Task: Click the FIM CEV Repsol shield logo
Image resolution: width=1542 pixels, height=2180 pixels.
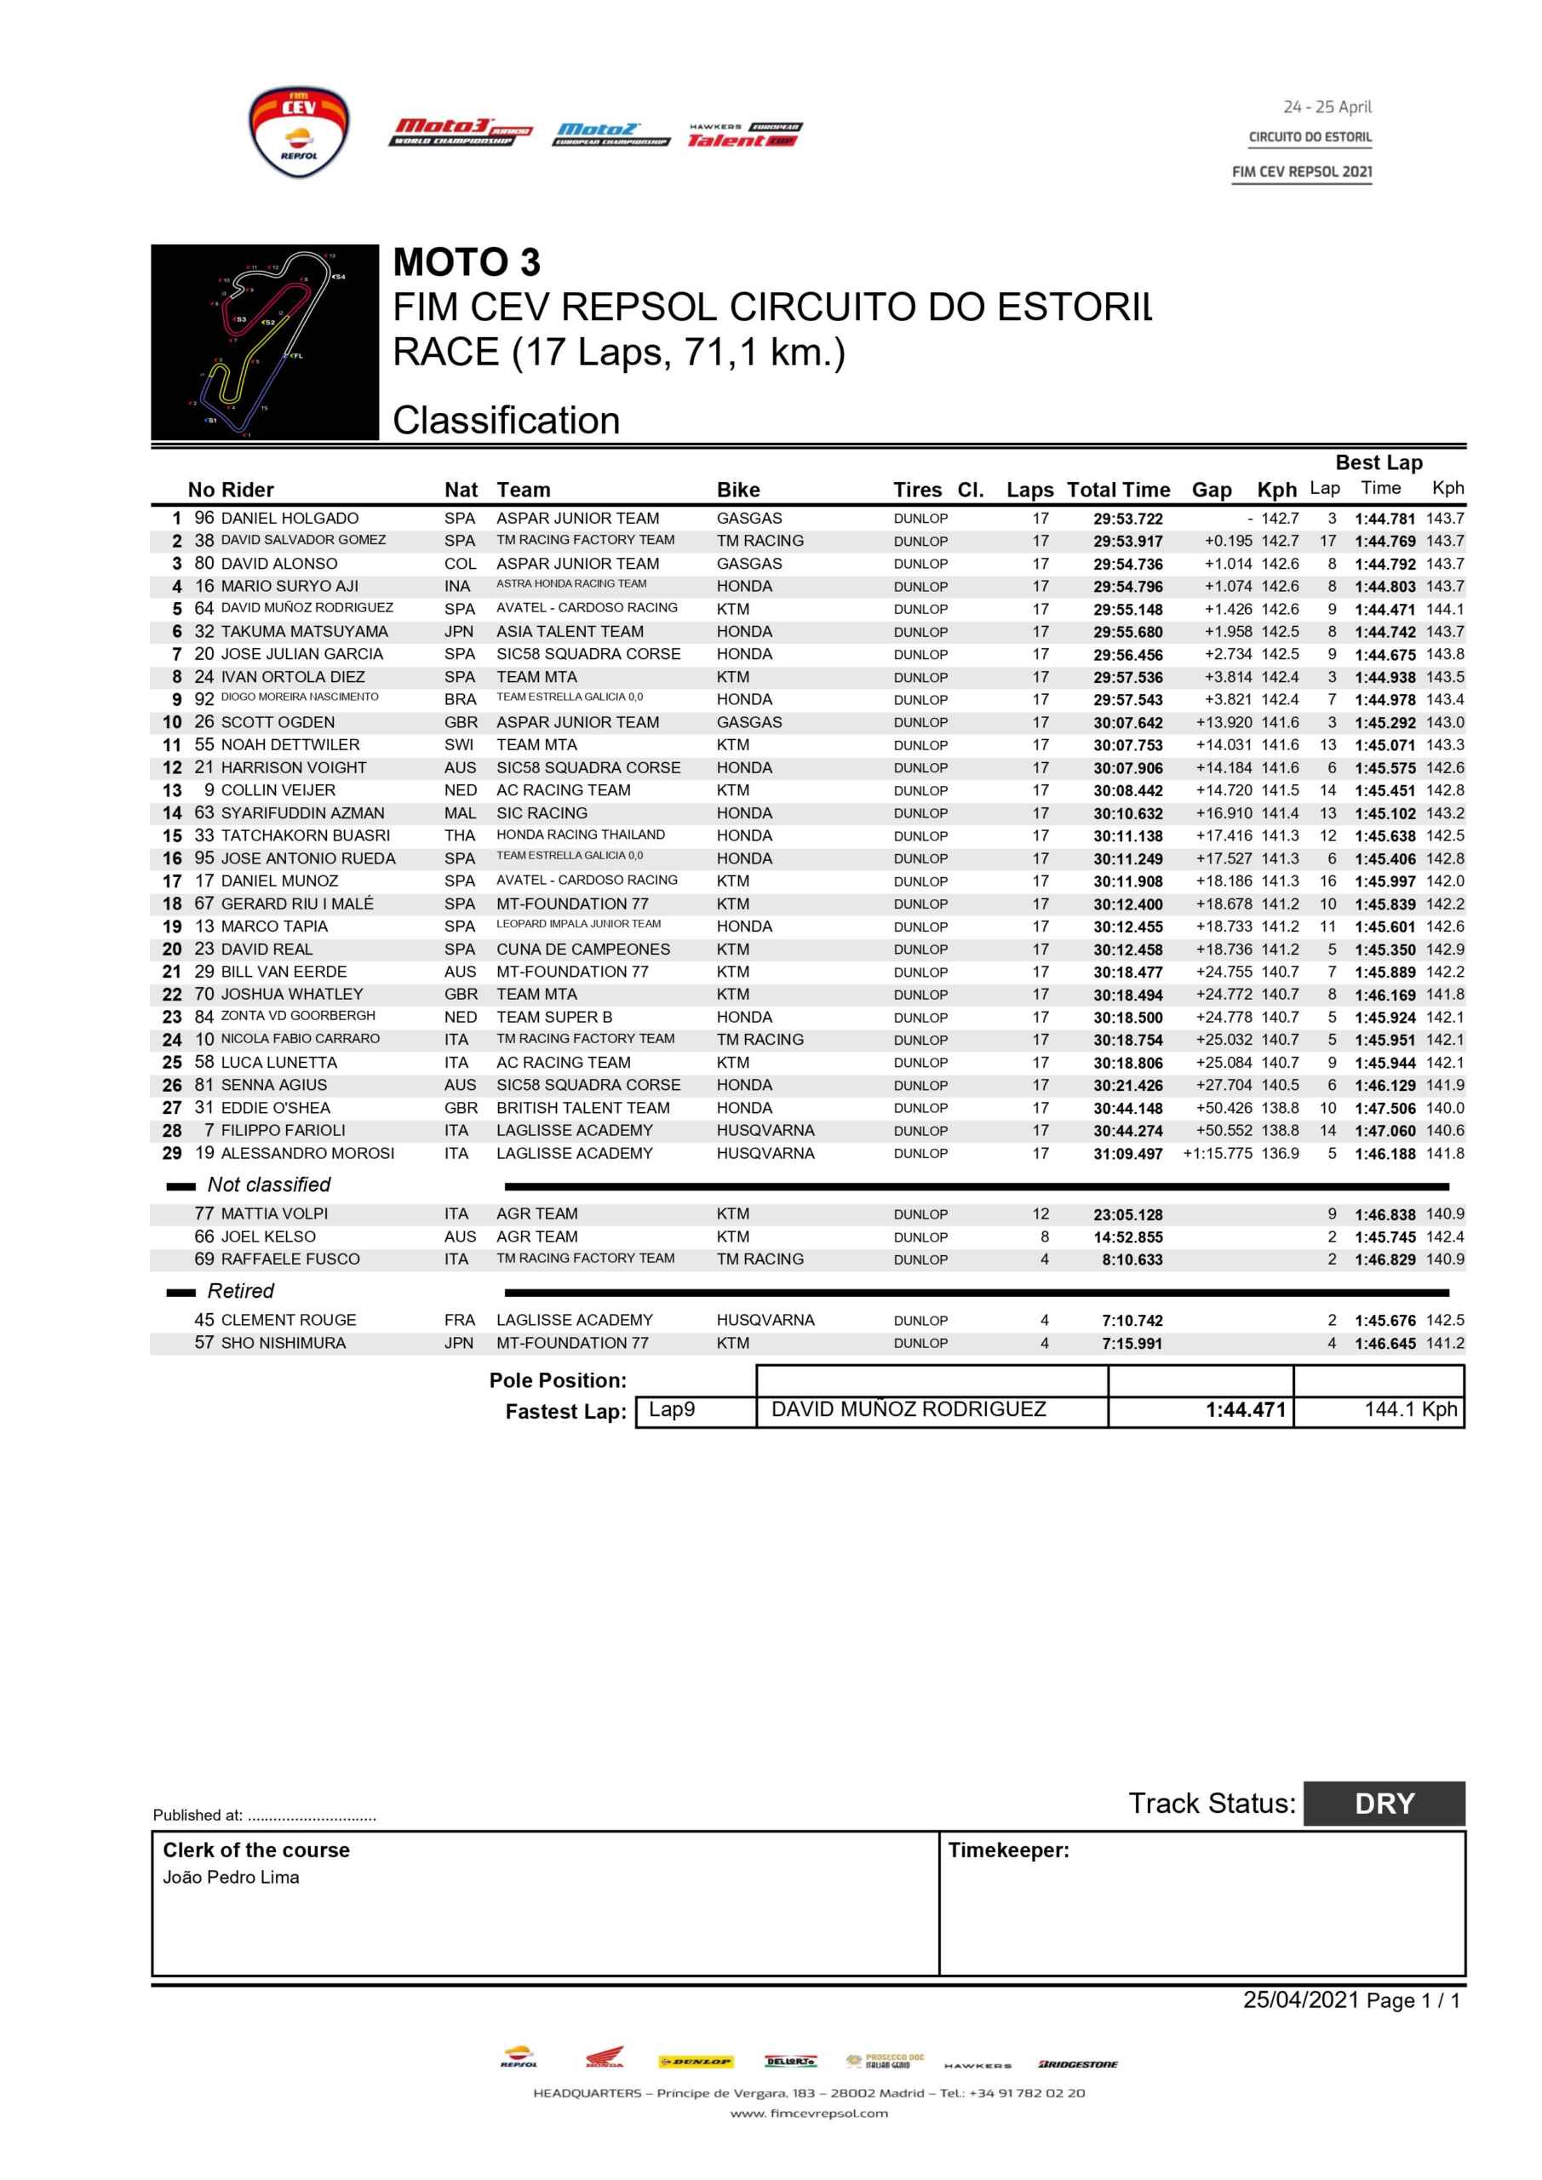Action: [x=298, y=132]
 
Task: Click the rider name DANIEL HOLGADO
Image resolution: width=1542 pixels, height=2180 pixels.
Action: [x=289, y=519]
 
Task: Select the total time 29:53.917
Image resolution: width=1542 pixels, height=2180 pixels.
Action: [x=1127, y=542]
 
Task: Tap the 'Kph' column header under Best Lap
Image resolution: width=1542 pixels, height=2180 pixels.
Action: [x=1447, y=488]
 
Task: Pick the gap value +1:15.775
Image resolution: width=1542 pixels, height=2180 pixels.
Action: [x=1218, y=1154]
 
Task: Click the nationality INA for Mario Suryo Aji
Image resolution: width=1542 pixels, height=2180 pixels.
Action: [x=456, y=587]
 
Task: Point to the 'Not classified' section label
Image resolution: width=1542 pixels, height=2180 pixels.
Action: [x=269, y=1185]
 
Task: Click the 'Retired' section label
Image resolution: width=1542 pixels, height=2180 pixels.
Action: [x=240, y=1291]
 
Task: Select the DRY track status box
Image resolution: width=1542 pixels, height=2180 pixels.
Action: [x=1384, y=1803]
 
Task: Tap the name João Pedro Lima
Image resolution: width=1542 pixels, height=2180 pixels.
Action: [x=231, y=1877]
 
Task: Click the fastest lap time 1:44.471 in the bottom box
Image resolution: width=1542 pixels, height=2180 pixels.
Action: [x=1245, y=1411]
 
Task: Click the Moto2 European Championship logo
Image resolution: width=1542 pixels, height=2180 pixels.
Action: [x=610, y=134]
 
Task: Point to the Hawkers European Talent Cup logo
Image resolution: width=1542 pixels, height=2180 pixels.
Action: [x=744, y=135]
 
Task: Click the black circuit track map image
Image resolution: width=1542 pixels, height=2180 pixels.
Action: [x=265, y=341]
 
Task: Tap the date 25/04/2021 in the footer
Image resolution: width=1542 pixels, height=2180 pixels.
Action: [x=1301, y=1999]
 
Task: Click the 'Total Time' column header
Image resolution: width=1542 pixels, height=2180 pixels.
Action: [x=1118, y=490]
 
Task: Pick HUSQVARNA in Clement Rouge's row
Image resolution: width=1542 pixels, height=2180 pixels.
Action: [x=765, y=1321]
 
